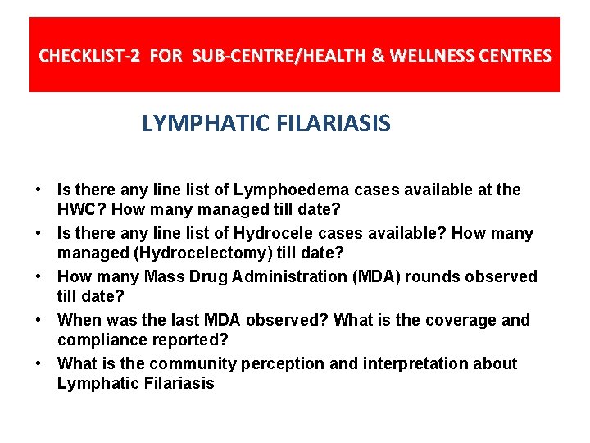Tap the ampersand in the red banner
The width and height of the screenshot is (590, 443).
(378, 57)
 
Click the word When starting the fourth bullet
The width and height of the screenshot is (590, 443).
(79, 320)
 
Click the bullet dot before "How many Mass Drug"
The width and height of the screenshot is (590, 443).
(39, 276)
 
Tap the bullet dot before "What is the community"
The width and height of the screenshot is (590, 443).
(39, 363)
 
